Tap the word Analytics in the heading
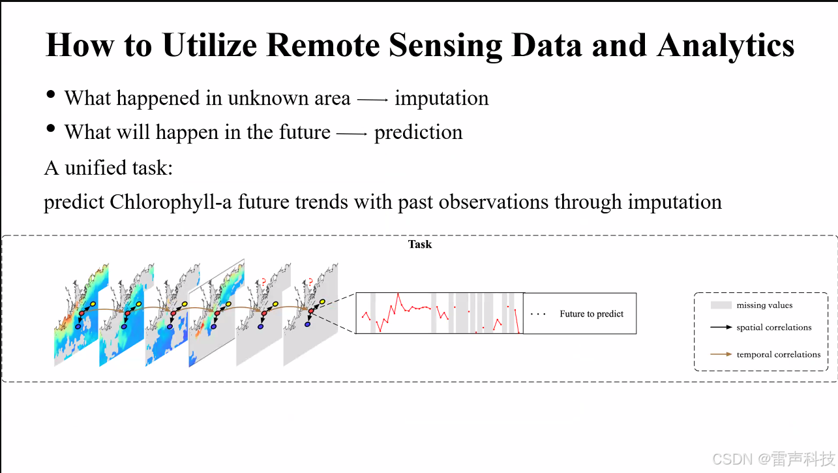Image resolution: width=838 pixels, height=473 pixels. (x=726, y=46)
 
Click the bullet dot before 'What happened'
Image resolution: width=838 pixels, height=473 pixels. (x=51, y=95)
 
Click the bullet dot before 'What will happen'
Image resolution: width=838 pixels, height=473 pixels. (x=51, y=129)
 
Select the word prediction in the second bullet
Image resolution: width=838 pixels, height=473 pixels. (x=418, y=132)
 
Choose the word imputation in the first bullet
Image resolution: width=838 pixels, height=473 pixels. (x=441, y=99)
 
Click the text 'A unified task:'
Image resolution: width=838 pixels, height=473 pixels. (x=108, y=168)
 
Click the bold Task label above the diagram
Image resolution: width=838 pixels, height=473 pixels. (x=420, y=245)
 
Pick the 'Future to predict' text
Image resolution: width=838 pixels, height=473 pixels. (x=591, y=314)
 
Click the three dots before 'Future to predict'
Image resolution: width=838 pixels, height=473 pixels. (x=538, y=314)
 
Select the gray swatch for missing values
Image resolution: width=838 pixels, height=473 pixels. (x=721, y=305)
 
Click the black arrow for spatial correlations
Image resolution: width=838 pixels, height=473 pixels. (x=721, y=328)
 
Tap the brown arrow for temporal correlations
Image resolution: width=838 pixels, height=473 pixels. (x=721, y=354)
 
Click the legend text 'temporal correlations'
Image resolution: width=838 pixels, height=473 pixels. (x=778, y=354)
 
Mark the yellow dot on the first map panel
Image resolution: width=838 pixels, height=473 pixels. (x=93, y=304)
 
